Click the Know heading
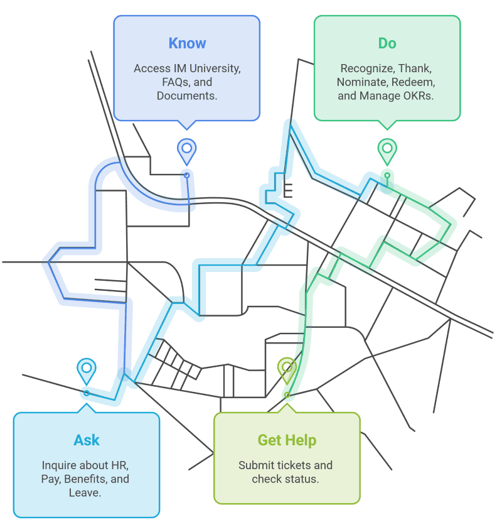(x=187, y=43)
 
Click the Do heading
(x=387, y=43)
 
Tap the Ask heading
(x=87, y=440)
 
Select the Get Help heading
(x=287, y=440)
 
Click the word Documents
(x=187, y=96)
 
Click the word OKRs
(x=419, y=96)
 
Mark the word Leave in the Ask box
(x=85, y=493)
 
